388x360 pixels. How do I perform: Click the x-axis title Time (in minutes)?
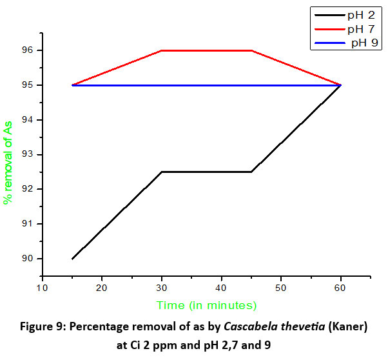point(207,305)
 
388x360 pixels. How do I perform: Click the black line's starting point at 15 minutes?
point(72,259)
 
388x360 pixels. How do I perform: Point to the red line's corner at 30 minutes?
point(162,50)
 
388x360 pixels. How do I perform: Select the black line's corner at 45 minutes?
point(251,172)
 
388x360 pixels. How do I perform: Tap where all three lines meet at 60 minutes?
point(340,85)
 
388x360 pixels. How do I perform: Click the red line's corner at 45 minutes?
point(251,50)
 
